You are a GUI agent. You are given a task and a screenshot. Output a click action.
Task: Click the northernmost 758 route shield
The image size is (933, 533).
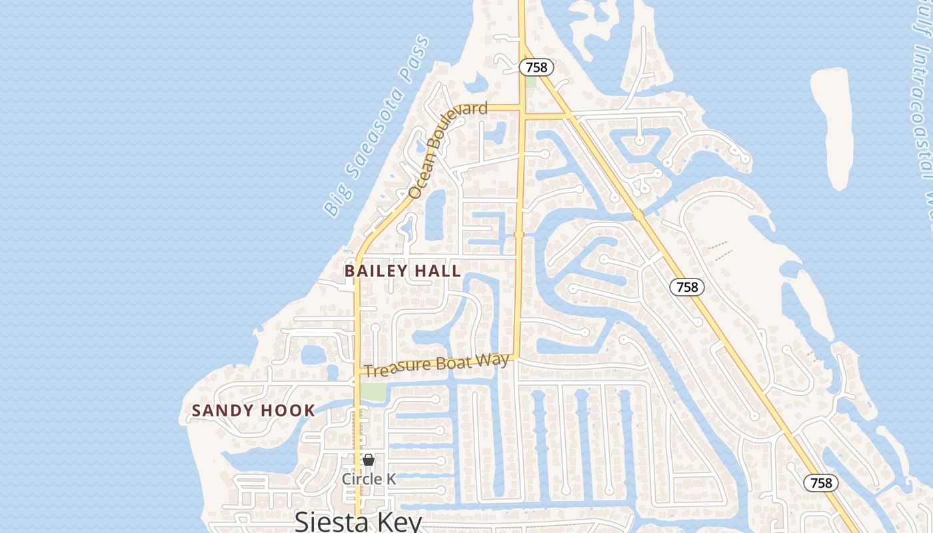coord(536,67)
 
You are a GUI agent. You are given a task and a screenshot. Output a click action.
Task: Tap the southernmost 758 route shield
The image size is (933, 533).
coord(821,482)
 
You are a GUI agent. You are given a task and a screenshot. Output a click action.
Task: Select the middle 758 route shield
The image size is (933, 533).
coord(686,287)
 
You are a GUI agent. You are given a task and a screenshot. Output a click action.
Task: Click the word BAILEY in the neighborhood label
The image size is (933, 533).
coord(375,271)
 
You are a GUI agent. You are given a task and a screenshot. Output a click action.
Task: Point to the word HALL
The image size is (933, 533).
coord(437,271)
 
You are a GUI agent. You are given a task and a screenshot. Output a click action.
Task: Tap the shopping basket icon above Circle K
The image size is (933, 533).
coord(369,460)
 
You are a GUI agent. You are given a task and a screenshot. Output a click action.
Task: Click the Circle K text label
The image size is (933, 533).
coord(369,479)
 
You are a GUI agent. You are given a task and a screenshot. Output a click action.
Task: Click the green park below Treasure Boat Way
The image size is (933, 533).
coord(373,392)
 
